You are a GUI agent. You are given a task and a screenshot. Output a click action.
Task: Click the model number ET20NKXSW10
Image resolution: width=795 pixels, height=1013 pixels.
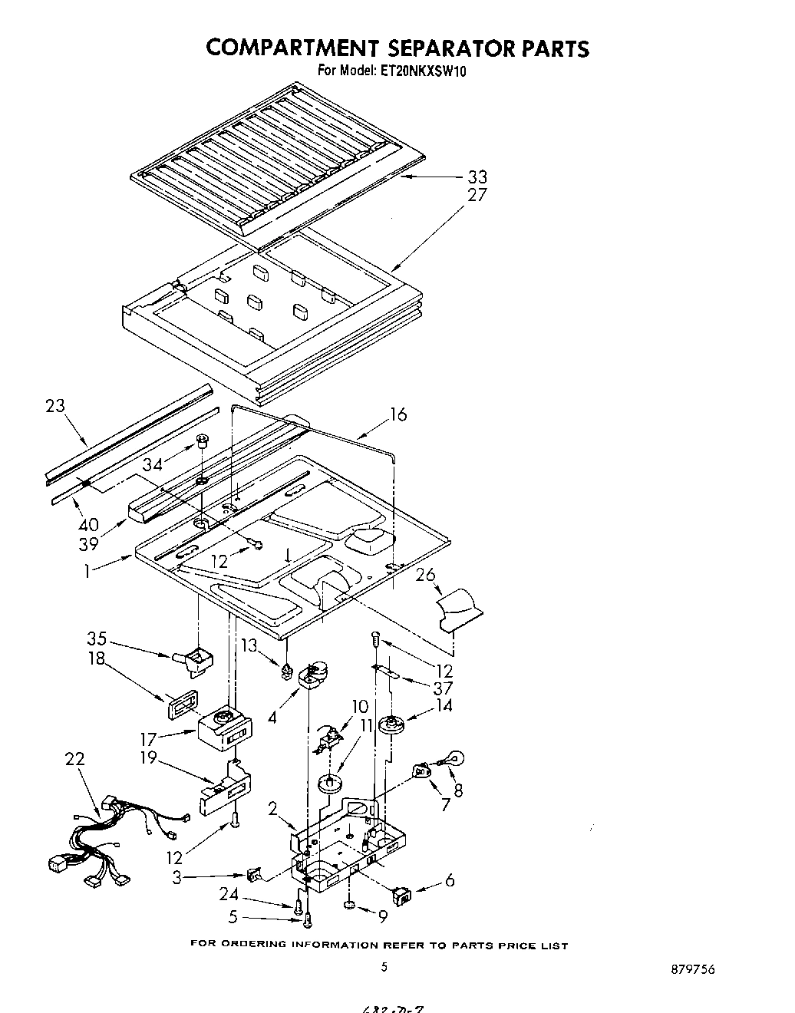point(424,71)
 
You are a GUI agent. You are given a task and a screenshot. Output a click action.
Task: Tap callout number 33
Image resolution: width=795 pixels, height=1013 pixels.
point(477,177)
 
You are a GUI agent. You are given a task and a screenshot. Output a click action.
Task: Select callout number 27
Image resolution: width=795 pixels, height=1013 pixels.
point(477,195)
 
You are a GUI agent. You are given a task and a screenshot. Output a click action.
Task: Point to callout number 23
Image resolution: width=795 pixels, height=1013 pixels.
point(55,406)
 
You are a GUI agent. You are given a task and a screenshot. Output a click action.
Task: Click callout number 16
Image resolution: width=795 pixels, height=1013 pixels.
point(397,415)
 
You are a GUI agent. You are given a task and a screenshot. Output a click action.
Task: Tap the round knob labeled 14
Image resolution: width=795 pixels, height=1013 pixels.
point(396,724)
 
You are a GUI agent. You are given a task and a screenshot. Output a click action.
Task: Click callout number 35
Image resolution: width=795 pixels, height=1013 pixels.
point(97,638)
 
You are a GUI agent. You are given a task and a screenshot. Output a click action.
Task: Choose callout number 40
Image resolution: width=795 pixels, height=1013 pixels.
point(88,525)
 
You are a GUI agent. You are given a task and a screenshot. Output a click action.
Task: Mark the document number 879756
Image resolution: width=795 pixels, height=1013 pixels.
point(692,969)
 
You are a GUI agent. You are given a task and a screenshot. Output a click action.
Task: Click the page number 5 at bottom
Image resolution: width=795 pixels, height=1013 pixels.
point(384,968)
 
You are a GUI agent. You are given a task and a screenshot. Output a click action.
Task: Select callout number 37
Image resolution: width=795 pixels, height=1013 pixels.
point(443,688)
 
